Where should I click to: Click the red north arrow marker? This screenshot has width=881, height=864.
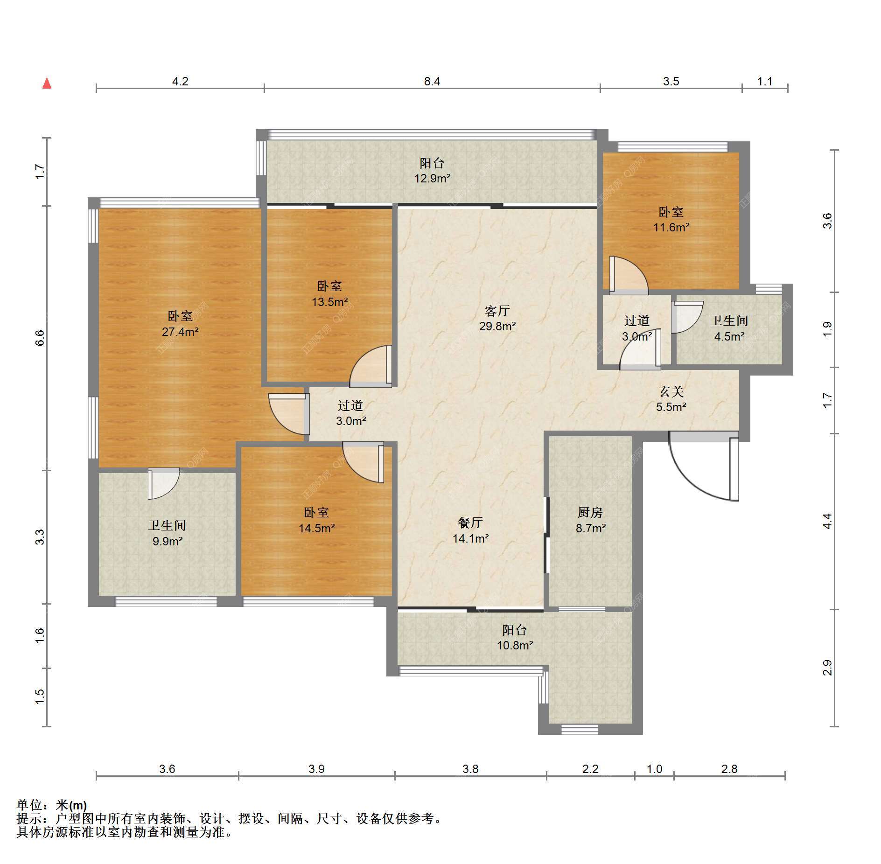(x=47, y=84)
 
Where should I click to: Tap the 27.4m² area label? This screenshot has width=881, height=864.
(x=180, y=332)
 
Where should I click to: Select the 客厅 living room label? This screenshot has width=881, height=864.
(x=497, y=311)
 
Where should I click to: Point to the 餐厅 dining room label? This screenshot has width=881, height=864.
(x=470, y=523)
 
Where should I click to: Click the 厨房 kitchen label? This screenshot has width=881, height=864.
(x=590, y=513)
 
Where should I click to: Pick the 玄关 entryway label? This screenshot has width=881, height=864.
(x=671, y=392)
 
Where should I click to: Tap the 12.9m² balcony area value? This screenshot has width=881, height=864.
(x=433, y=178)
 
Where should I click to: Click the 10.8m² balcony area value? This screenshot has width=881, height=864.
(x=515, y=645)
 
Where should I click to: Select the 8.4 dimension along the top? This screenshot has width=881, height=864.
(x=432, y=82)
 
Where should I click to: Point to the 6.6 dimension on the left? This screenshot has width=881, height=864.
(x=40, y=338)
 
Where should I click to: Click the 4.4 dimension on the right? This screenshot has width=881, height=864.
(x=827, y=521)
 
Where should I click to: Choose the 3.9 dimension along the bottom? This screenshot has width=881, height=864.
(x=316, y=769)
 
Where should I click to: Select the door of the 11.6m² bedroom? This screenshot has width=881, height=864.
(x=629, y=276)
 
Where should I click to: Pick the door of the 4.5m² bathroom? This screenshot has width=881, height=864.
(x=687, y=317)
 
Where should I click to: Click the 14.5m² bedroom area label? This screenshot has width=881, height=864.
(x=317, y=528)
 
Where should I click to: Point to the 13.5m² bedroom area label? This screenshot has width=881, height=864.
(x=330, y=302)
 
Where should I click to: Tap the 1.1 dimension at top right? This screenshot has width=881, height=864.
(x=765, y=82)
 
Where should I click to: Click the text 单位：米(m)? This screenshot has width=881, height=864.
(x=52, y=805)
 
